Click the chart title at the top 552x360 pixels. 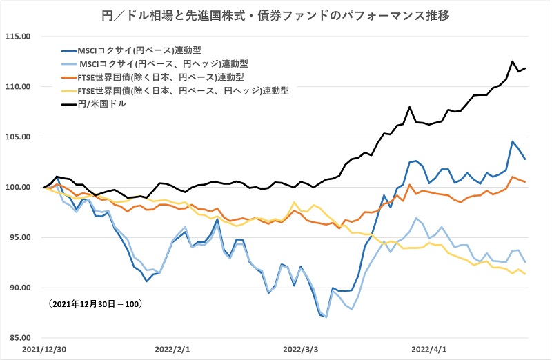276,13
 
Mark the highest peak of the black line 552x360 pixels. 513,61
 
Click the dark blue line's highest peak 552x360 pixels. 513,141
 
